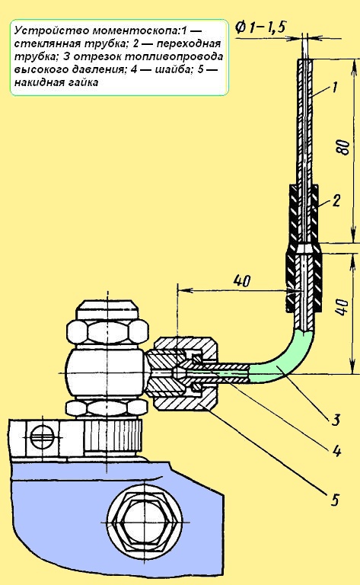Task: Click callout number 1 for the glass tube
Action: (334, 88)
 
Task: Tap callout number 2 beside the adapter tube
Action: (336, 201)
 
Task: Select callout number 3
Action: (336, 420)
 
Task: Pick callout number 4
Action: (336, 451)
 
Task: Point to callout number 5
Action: (335, 499)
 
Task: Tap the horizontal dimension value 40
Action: (242, 280)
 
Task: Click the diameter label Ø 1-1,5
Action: (260, 27)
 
